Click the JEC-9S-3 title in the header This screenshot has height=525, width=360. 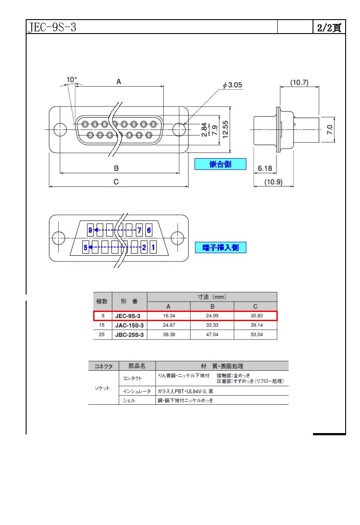52,27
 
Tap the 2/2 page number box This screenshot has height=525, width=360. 329,27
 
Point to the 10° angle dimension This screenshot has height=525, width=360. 71,80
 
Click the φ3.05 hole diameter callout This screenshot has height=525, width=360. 232,85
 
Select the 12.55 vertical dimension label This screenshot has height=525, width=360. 225,129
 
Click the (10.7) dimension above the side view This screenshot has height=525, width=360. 299,82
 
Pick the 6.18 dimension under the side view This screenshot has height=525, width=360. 265,168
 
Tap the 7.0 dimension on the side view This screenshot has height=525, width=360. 330,129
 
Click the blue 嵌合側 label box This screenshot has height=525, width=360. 220,164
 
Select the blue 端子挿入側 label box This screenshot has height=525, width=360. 221,247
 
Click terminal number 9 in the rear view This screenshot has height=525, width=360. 90,230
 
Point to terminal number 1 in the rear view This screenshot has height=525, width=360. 153,247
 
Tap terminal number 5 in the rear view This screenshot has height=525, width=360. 85,247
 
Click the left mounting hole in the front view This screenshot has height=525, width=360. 60,129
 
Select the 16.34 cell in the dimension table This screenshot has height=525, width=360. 169,316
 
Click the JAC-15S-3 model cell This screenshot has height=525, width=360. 129,325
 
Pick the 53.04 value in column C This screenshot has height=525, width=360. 257,335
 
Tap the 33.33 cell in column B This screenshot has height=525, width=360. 212,325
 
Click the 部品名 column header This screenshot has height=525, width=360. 137,366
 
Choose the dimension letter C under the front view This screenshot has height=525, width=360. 116,182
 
